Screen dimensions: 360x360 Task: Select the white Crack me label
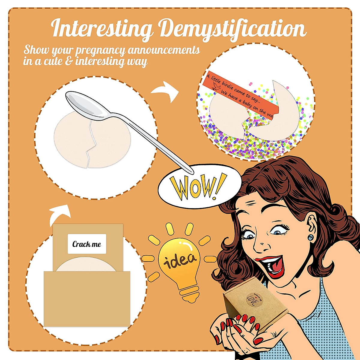(x=87, y=244)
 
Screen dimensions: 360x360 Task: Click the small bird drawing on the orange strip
(x=217, y=87)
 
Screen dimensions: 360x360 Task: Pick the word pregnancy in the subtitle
(x=100, y=50)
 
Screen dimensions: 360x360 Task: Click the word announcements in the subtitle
(x=163, y=50)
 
